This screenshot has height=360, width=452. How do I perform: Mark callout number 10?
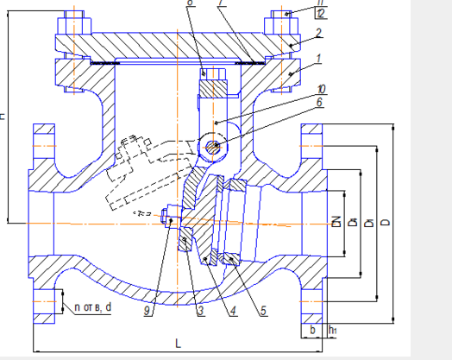(296, 89)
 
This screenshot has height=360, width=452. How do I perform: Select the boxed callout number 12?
(297, 14)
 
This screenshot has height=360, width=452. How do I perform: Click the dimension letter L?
(178, 343)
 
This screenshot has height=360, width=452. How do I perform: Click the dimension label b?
(311, 331)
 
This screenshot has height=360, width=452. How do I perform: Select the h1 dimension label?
(333, 331)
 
